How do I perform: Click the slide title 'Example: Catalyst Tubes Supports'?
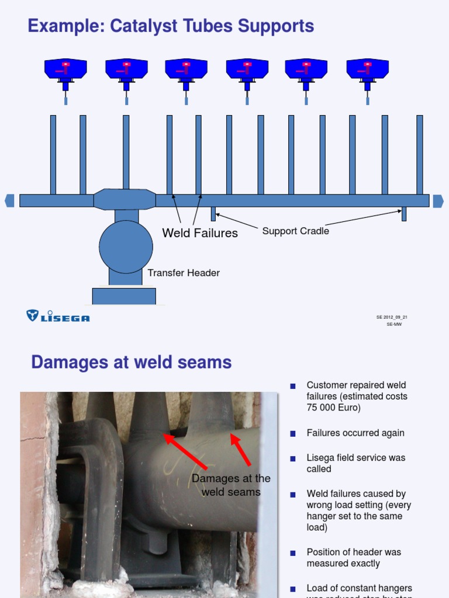[171, 26]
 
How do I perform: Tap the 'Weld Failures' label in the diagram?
[200, 233]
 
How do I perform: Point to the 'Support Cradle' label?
[295, 231]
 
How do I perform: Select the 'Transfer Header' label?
[184, 273]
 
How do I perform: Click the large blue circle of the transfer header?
[126, 246]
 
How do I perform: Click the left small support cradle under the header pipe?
[213, 214]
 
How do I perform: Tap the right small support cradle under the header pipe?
[404, 214]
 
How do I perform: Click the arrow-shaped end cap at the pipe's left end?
[9, 201]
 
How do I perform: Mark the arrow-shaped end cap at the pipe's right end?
[438, 201]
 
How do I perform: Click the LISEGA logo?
[58, 317]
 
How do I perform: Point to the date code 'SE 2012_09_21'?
[392, 318]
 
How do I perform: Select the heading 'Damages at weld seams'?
[132, 363]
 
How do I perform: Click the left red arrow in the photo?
[185, 450]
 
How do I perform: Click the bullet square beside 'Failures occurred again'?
[293, 433]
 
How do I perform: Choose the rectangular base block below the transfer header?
[124, 296]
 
